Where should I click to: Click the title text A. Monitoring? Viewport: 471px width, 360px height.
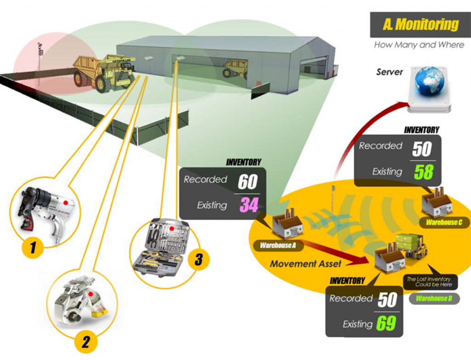420,24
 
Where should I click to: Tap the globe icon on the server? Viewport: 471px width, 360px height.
429,81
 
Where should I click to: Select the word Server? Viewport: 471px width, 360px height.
389,72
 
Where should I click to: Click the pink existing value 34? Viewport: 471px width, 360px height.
249,205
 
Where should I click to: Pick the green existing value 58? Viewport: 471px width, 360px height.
423,171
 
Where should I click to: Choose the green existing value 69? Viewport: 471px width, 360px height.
386,324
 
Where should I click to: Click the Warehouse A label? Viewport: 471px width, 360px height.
278,246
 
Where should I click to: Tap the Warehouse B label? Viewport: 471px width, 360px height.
433,299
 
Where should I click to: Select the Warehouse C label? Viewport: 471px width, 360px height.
444,223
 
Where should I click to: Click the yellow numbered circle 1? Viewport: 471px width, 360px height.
33,248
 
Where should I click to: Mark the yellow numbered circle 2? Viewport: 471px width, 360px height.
86,342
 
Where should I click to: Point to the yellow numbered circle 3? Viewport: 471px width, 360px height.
198,260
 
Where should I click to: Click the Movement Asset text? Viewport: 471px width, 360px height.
305,264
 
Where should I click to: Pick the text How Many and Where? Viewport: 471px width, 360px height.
419,45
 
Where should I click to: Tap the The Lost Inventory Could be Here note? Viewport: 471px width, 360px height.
428,282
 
